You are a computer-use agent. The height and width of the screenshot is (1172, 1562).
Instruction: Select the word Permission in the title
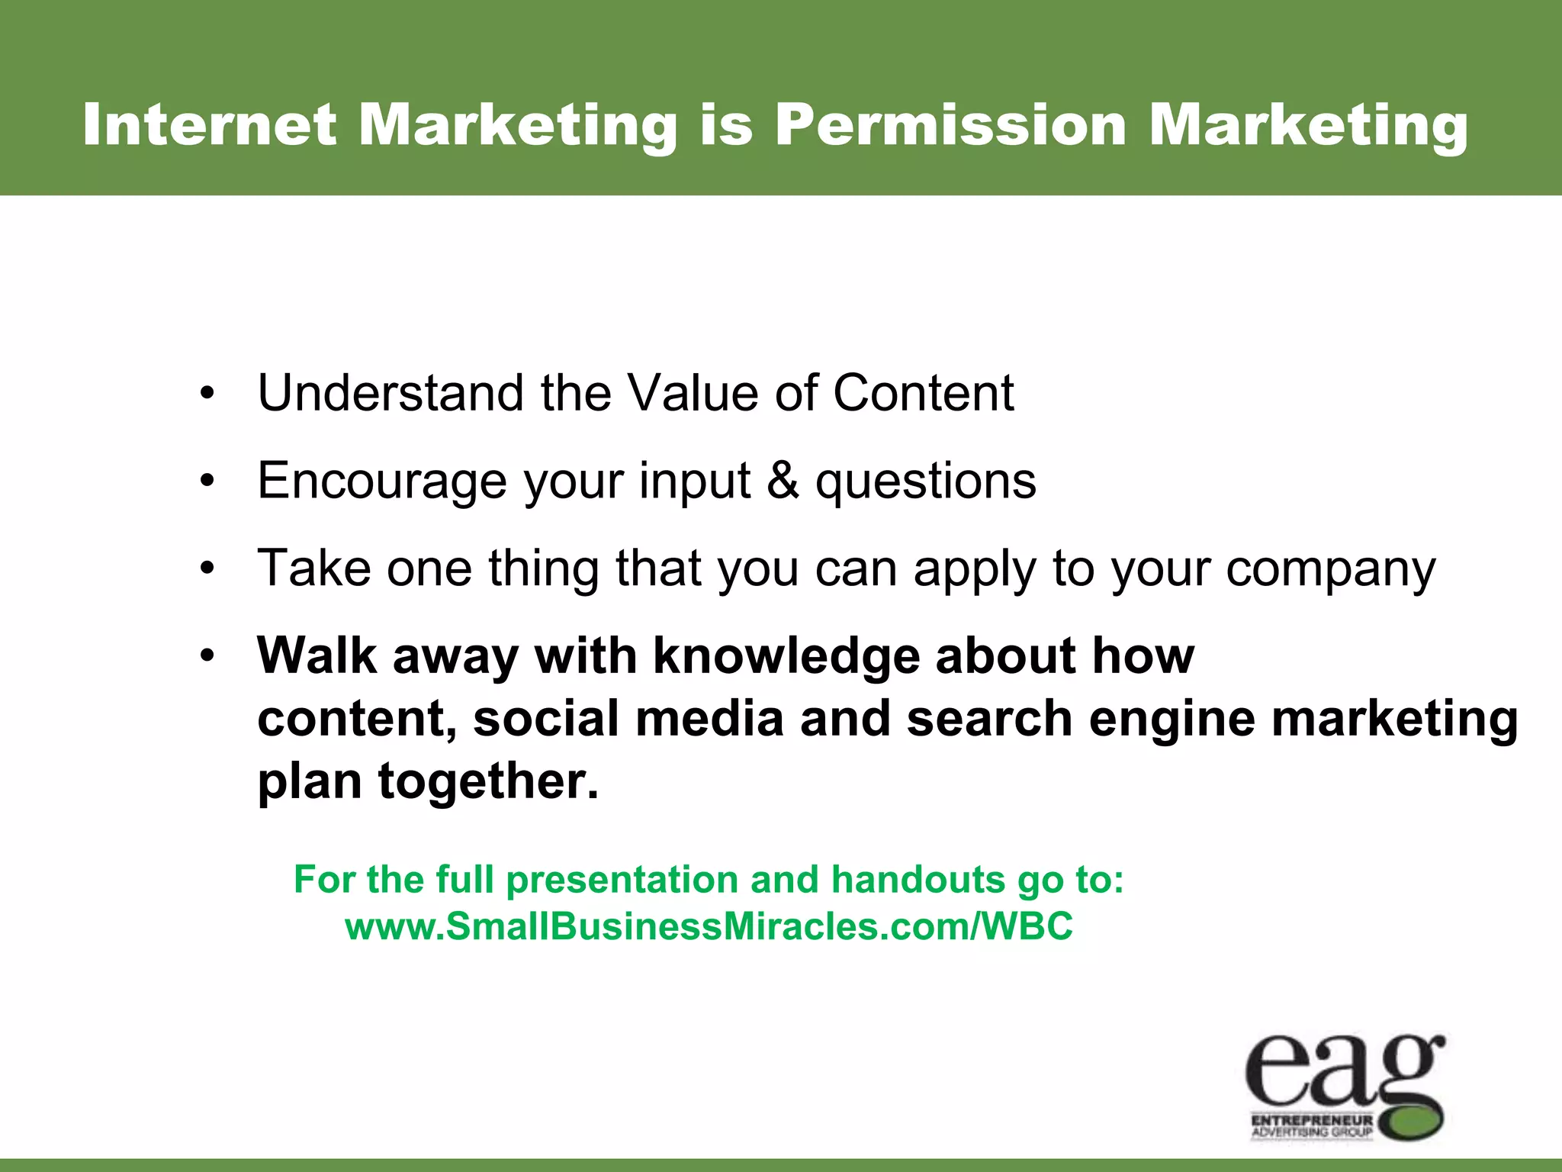[950, 124]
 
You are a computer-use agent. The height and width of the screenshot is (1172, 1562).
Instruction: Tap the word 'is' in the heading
[726, 124]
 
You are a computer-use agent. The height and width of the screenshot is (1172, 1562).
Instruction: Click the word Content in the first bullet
[923, 393]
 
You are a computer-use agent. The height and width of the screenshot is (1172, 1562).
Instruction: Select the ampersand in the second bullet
[783, 481]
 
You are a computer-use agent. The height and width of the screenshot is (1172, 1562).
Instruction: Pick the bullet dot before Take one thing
[207, 571]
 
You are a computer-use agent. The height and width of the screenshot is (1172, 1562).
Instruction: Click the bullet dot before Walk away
[207, 657]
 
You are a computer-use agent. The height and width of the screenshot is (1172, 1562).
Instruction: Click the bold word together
[488, 782]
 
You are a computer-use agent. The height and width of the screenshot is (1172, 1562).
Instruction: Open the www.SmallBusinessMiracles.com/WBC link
[709, 926]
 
